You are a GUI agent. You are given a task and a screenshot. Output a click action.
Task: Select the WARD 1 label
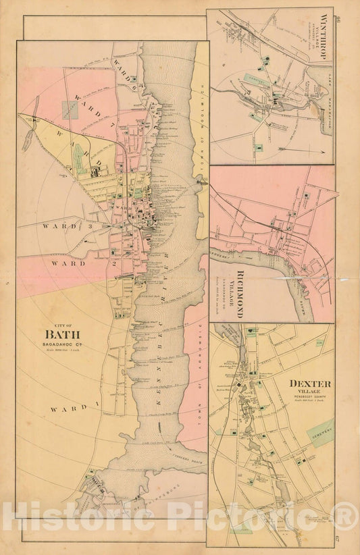pos(66,408)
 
